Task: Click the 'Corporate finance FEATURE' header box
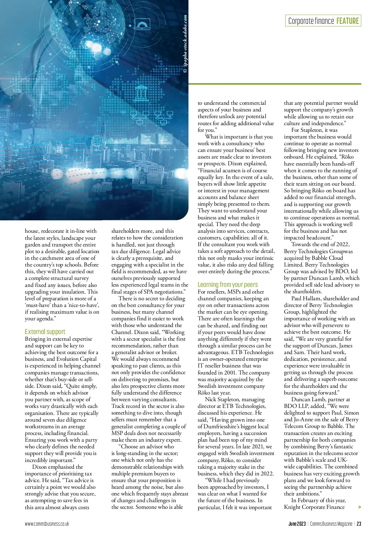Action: click(323, 21)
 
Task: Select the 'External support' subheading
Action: click(45, 331)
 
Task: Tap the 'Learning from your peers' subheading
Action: click(228, 284)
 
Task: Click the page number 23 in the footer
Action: click(359, 524)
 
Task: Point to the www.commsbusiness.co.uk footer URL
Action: click(47, 524)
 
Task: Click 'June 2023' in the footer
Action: click(297, 524)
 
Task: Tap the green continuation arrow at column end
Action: click(359, 507)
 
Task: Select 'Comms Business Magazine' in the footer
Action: click(331, 524)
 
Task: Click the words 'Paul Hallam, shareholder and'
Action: click(325, 298)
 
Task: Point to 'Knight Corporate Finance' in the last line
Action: click(314, 507)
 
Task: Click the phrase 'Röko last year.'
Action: click(214, 393)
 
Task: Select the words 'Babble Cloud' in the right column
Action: click(327, 258)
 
